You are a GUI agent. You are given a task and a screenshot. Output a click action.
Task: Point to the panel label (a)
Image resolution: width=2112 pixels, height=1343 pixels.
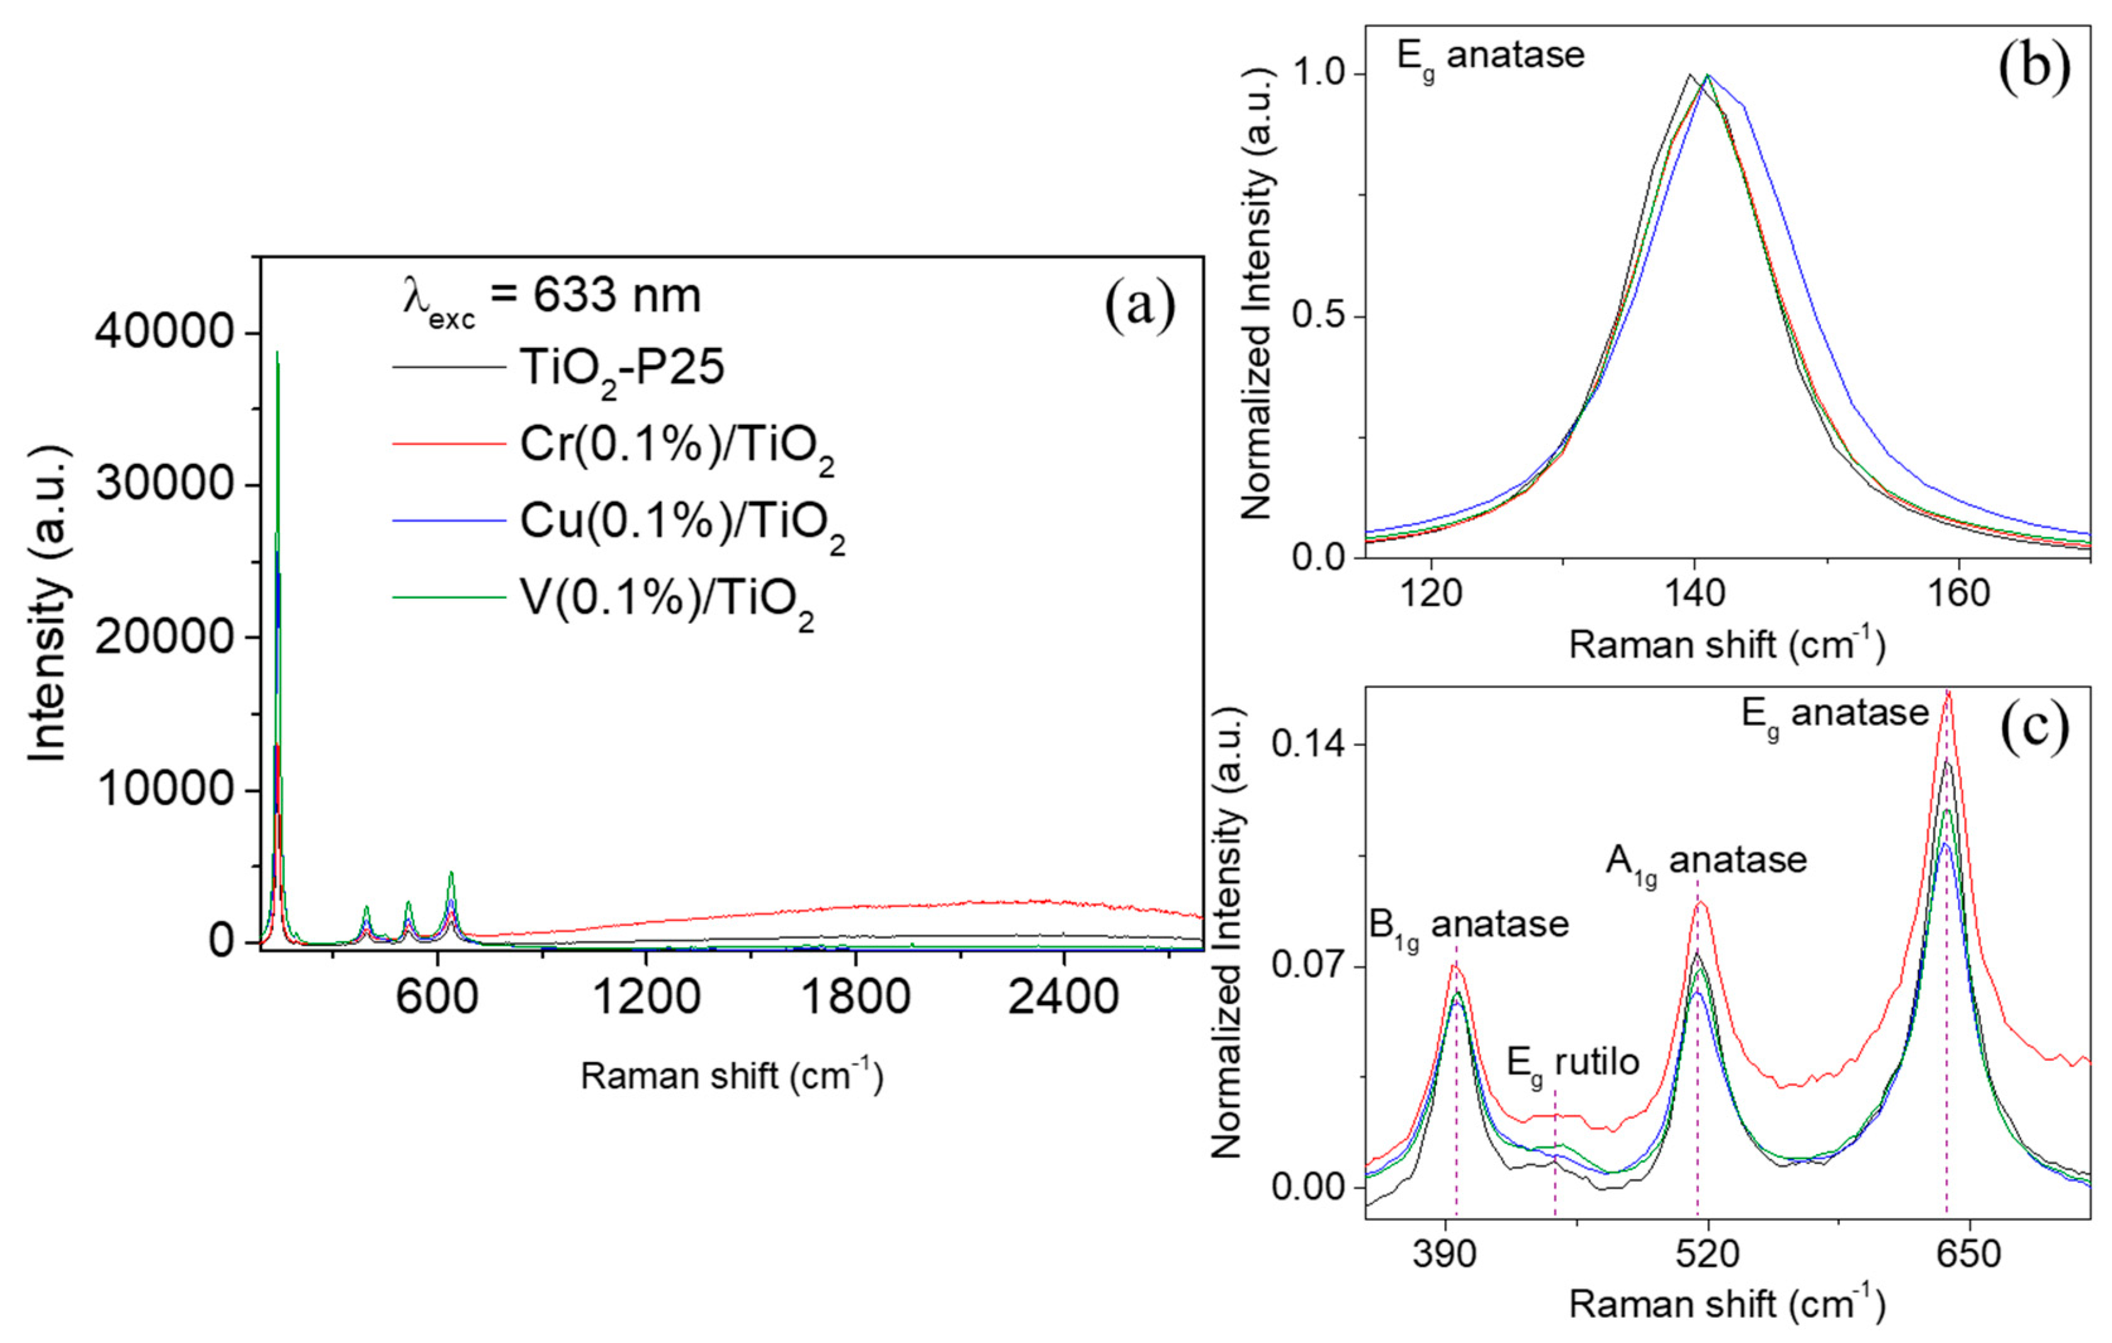[1139, 307]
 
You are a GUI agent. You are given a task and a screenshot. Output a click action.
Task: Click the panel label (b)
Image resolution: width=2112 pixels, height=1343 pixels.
[2033, 67]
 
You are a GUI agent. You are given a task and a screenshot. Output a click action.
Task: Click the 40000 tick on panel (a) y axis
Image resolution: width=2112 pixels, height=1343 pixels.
[164, 333]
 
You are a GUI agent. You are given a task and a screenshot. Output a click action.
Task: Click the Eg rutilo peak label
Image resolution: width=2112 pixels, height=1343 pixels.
[1573, 1064]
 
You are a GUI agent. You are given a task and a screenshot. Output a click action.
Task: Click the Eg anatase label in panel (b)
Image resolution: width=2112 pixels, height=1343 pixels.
[1490, 57]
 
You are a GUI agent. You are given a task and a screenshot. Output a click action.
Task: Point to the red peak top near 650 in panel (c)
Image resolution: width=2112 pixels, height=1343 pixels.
[1947, 694]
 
